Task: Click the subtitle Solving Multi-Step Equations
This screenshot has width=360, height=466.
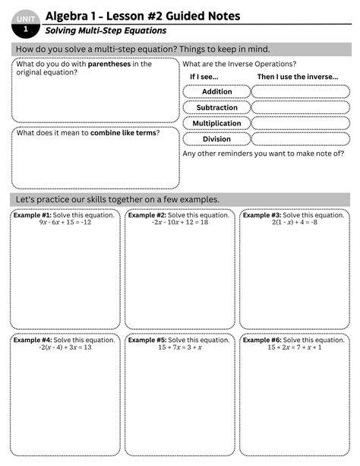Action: (106, 30)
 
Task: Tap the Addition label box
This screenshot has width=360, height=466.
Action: (216, 92)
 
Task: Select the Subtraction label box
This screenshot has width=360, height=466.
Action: (216, 108)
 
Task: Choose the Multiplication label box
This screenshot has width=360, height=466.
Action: (216, 123)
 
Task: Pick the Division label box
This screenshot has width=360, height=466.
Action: (216, 139)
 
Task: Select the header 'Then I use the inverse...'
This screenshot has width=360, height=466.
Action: (297, 78)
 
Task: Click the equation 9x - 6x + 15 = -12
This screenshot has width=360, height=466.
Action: (65, 223)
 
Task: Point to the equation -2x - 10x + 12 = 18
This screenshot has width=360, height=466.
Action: (179, 223)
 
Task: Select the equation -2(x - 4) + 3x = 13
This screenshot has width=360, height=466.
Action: (65, 347)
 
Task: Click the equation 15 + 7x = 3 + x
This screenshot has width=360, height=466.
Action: (179, 347)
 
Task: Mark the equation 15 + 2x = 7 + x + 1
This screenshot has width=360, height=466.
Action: (294, 347)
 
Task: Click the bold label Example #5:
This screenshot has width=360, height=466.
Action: (147, 340)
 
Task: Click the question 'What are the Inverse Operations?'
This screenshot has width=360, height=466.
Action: (239, 65)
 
